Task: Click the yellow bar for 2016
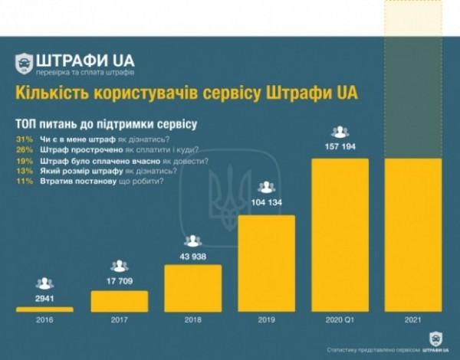coord(44,309)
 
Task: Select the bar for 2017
coord(119,300)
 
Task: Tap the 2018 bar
coord(193,288)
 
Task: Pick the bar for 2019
coord(267,263)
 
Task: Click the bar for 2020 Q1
coord(340,234)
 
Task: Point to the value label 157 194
coord(340,146)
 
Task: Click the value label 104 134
coord(267,203)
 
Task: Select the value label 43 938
coord(193,255)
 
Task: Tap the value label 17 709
coord(119,280)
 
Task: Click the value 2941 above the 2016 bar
coord(44,297)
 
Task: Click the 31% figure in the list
coord(23,139)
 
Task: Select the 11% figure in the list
coord(23,182)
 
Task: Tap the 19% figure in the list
coord(23,160)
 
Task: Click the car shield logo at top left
coord(25,64)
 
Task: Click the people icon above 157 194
coord(340,132)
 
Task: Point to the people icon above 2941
coord(44,283)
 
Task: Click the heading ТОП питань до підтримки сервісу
coord(106,123)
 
